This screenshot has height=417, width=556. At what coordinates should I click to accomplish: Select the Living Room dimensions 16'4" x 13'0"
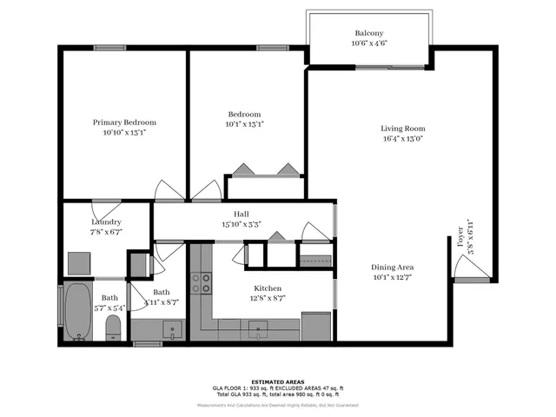[402, 139]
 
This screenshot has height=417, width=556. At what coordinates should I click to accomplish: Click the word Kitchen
[268, 288]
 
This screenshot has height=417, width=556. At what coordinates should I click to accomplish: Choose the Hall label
[241, 214]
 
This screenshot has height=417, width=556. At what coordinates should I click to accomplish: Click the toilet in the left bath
[112, 328]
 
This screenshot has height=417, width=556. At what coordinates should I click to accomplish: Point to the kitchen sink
[259, 329]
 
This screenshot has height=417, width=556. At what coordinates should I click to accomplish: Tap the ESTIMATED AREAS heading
[278, 381]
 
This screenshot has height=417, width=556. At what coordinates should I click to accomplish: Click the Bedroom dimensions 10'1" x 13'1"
[245, 124]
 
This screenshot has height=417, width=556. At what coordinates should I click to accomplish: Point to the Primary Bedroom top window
[111, 48]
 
